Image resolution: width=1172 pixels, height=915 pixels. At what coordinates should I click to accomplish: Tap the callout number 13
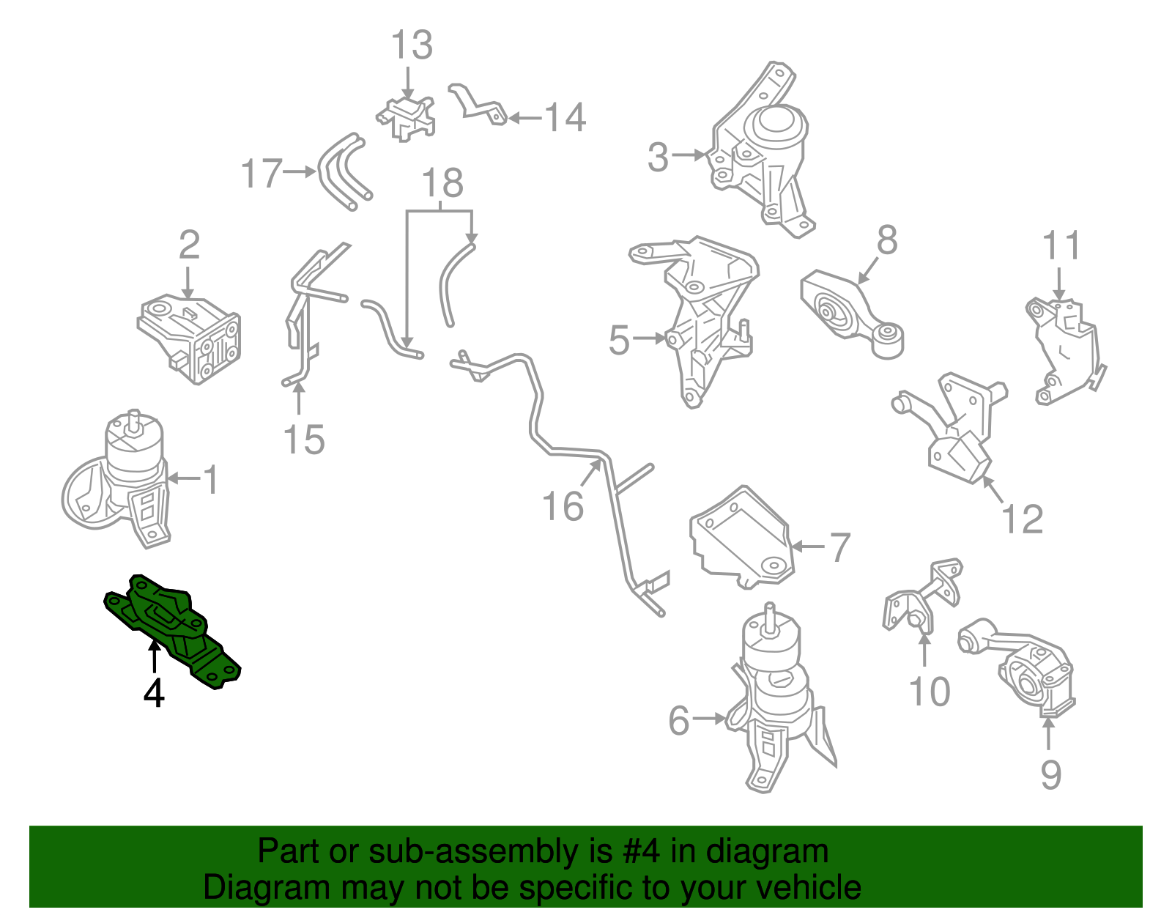tap(412, 45)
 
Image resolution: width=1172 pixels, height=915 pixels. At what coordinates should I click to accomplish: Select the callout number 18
tap(442, 183)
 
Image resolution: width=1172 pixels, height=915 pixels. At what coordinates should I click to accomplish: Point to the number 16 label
tap(563, 506)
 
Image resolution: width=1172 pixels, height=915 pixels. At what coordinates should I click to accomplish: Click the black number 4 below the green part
tap(154, 693)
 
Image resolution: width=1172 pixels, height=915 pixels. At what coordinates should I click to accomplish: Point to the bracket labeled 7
tap(741, 536)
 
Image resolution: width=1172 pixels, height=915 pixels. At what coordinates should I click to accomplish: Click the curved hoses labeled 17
tap(344, 171)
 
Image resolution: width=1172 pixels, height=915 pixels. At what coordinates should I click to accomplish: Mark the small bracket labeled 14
tap(478, 105)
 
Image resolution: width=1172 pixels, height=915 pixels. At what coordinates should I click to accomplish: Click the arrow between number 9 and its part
tap(1048, 734)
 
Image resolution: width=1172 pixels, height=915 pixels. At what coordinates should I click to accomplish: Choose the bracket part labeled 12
tap(949, 428)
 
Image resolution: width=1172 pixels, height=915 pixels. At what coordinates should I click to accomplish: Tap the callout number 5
tap(619, 340)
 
